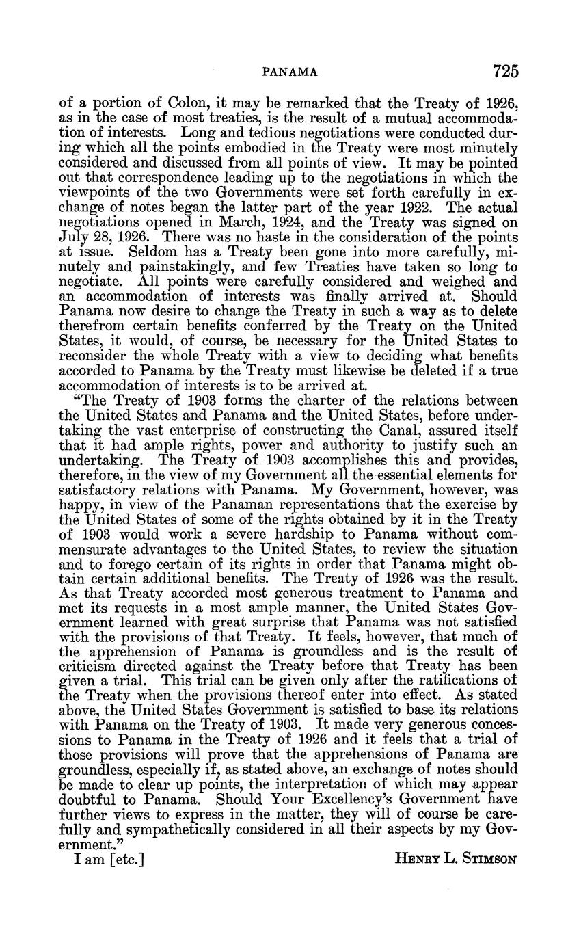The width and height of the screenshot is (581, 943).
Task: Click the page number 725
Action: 504,70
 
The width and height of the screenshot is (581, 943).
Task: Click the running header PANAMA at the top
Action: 290,71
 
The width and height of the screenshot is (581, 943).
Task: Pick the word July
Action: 75,237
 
